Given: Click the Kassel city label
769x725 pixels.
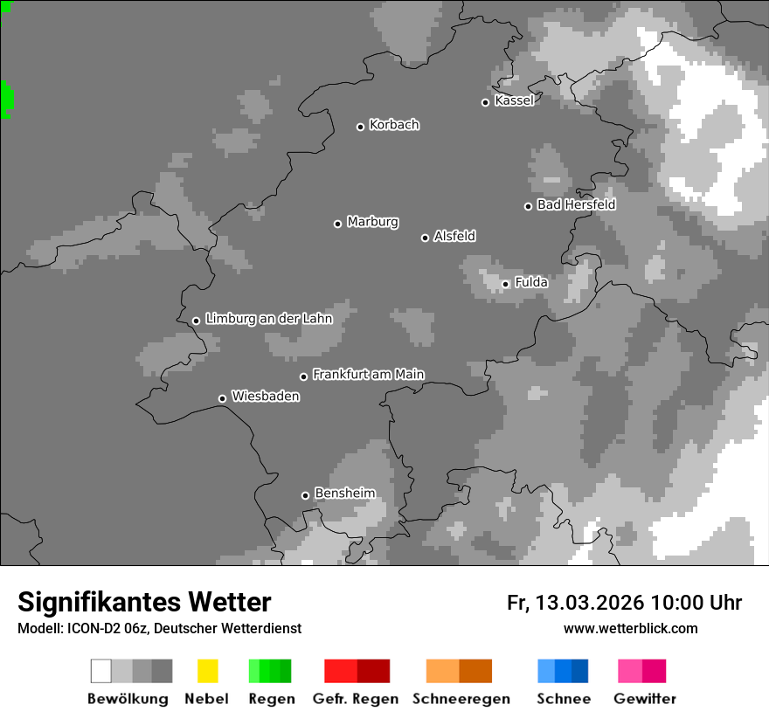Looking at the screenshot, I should pyautogui.click(x=514, y=100).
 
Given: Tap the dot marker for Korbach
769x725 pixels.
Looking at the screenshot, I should pyautogui.click(x=360, y=127).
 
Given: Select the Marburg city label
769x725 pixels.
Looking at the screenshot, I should pyautogui.click(x=372, y=222).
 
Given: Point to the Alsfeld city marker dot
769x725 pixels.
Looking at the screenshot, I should pyautogui.click(x=425, y=238).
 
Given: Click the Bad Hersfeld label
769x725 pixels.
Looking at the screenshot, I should pyautogui.click(x=576, y=204).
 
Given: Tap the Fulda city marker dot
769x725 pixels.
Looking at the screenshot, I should pyautogui.click(x=505, y=284).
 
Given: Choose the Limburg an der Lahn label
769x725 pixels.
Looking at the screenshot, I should pyautogui.click(x=268, y=319).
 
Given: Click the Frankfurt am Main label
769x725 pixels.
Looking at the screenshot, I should pyautogui.click(x=368, y=374).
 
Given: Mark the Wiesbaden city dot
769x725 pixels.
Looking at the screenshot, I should pyautogui.click(x=222, y=398).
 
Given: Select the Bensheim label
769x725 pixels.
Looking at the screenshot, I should pyautogui.click(x=344, y=494).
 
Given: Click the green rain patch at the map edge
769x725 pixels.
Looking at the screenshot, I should pyautogui.click(x=6, y=99).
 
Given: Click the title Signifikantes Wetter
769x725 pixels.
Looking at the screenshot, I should pyautogui.click(x=144, y=602).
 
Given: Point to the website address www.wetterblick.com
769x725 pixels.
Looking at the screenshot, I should pyautogui.click(x=630, y=628).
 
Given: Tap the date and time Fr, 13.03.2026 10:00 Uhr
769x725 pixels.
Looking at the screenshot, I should pyautogui.click(x=624, y=603).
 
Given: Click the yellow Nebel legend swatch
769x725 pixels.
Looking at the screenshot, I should pyautogui.click(x=207, y=671).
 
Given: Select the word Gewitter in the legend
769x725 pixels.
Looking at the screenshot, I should pyautogui.click(x=644, y=699).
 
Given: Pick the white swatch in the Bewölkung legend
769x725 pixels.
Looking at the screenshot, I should pyautogui.click(x=101, y=671).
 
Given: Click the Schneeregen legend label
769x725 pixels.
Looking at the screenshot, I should pyautogui.click(x=461, y=699).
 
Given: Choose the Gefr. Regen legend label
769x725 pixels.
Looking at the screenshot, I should pyautogui.click(x=355, y=699).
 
